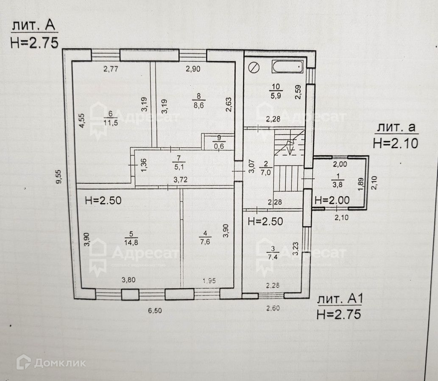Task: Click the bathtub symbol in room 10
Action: [x=288, y=66]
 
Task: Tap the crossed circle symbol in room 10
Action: [x=254, y=67]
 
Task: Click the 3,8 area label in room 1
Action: [x=338, y=184]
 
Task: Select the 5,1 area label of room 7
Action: [x=176, y=166]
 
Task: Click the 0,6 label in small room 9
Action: [x=219, y=146]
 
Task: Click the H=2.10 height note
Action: [x=395, y=143]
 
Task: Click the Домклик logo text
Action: [x=60, y=362]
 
